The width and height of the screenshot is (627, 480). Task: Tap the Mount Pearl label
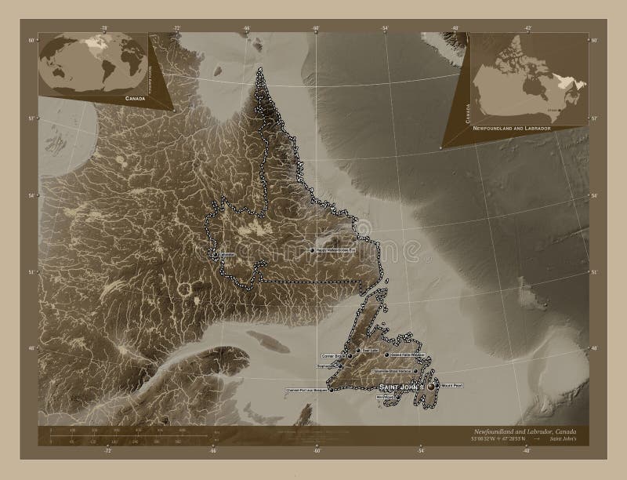454,386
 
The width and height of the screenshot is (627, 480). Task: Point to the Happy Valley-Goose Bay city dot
312,250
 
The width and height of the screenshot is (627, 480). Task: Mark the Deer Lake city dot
358,350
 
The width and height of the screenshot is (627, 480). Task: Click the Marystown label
385,396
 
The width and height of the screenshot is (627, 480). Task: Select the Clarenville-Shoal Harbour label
396,369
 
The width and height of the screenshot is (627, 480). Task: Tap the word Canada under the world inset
133,99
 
